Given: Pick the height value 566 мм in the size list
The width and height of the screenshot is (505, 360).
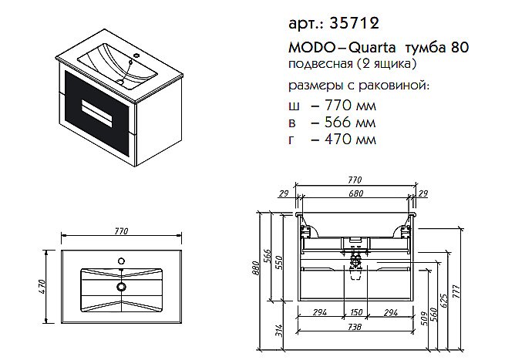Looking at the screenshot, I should click(x=343, y=123).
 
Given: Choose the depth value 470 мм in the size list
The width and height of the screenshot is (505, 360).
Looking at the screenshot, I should click(x=343, y=140).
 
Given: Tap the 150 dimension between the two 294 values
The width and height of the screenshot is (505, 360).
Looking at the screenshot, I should click(x=355, y=311).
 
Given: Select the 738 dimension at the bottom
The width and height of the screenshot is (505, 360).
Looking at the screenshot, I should click(x=355, y=328).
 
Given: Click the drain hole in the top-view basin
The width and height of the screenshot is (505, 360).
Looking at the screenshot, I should click(x=120, y=287).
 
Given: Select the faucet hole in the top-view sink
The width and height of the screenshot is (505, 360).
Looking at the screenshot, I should click(x=120, y=260).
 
